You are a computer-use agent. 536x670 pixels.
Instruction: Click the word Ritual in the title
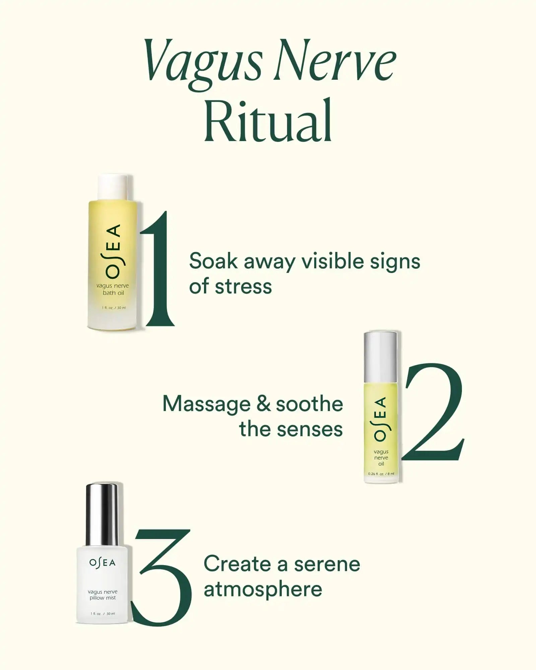point(268,120)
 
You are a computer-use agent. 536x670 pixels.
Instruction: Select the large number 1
point(157,268)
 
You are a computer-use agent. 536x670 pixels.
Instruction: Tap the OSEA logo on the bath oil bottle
point(113,251)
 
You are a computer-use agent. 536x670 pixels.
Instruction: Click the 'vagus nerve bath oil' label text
point(113,289)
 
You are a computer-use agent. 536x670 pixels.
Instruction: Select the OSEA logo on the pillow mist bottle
point(103,562)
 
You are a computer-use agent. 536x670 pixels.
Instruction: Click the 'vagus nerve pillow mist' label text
point(103,595)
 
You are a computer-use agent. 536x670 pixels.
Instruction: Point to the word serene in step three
point(327,565)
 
